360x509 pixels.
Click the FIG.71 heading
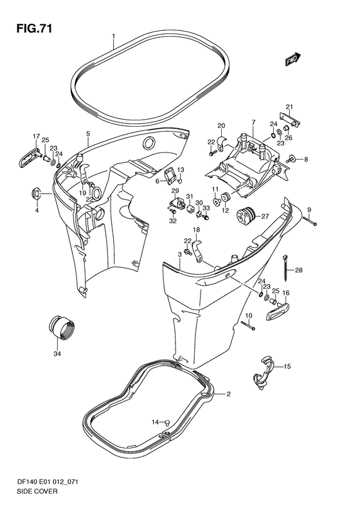pyautogui.click(x=34, y=29)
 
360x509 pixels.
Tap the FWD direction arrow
pyautogui.click(x=293, y=59)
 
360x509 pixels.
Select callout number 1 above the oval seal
pyautogui.click(x=114, y=36)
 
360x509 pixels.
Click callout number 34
pyautogui.click(x=57, y=353)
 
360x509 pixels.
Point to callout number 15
pyautogui.click(x=287, y=367)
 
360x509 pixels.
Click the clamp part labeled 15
pyautogui.click(x=264, y=373)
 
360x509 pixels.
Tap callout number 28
pyautogui.click(x=299, y=270)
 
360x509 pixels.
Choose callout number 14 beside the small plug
pyautogui.click(x=156, y=422)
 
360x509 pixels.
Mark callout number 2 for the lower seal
pyautogui.click(x=228, y=394)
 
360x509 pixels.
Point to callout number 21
pyautogui.click(x=289, y=107)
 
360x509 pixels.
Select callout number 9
pyautogui.click(x=309, y=208)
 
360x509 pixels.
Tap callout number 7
pyautogui.click(x=253, y=122)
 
